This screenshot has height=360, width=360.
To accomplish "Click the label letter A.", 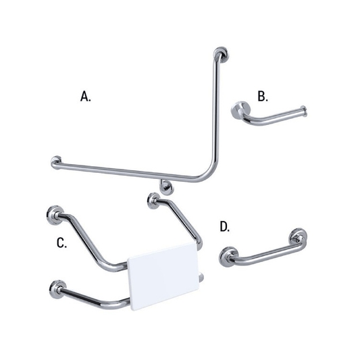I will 86,96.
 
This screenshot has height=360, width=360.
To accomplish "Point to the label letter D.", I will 225,227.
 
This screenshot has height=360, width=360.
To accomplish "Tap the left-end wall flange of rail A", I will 56,162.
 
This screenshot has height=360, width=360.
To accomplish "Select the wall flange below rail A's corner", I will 164,186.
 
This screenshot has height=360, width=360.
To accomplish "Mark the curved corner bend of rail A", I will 209,174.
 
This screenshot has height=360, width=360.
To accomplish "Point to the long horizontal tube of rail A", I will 128,172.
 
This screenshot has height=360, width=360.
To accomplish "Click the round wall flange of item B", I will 240,110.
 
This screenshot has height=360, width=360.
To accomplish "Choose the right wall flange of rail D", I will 297,237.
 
